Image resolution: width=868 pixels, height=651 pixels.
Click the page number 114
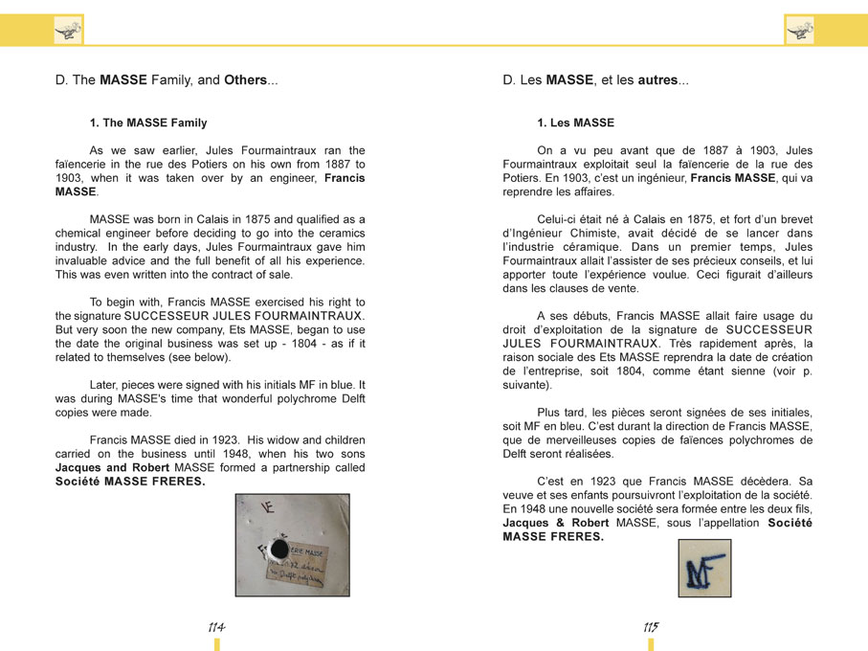coord(216,627)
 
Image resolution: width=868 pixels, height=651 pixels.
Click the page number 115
coord(651,627)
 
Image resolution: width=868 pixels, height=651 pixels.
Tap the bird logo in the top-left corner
coord(68,30)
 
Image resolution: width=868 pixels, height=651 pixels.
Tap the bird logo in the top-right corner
coord(799,30)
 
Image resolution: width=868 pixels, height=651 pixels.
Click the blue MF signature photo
coord(704,569)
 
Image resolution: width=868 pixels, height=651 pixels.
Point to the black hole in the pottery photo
coord(279,549)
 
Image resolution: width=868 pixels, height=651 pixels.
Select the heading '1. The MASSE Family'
coord(148,123)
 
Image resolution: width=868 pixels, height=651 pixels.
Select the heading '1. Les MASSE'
coord(575,123)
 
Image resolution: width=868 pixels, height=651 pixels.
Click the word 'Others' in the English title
coord(245,80)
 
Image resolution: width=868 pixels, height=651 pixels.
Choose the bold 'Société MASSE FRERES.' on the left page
coord(130,482)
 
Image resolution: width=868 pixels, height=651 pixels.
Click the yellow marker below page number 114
coord(216,644)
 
